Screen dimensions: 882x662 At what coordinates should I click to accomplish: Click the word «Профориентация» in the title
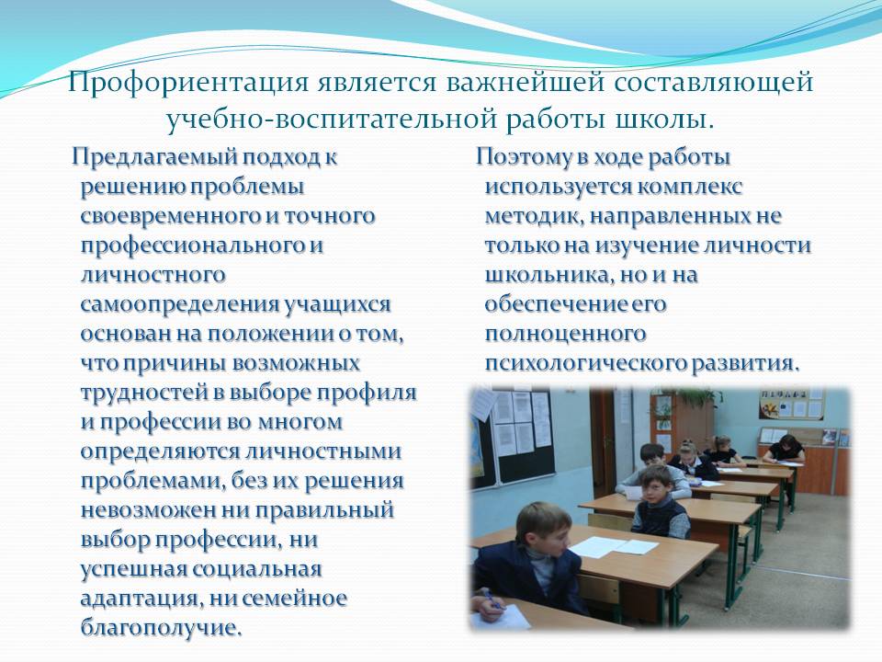pyautogui.click(x=187, y=82)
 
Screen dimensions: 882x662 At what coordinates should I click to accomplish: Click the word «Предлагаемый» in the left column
pyautogui.click(x=154, y=157)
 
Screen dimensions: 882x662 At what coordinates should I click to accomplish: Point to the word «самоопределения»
pyautogui.click(x=179, y=304)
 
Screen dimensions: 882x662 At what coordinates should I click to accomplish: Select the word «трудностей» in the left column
pyautogui.click(x=144, y=393)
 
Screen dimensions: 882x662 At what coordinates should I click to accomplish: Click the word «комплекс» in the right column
pyautogui.click(x=690, y=187)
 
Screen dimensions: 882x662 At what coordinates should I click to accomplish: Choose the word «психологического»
pyautogui.click(x=585, y=363)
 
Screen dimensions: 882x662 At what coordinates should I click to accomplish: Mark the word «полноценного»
pyautogui.click(x=565, y=334)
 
